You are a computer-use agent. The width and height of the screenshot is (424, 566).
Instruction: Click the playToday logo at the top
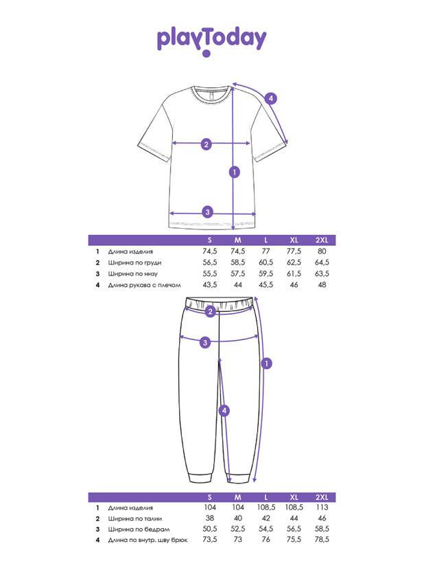pos(211,41)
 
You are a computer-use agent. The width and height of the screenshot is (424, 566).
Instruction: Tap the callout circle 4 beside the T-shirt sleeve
pos(271,98)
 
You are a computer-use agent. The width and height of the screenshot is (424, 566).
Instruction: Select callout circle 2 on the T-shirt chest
pos(207,144)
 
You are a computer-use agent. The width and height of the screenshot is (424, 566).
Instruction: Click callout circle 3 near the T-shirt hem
pos(207,212)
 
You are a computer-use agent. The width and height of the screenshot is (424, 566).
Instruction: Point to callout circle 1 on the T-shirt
pos(235,172)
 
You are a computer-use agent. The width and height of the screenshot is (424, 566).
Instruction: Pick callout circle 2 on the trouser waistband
pos(211,312)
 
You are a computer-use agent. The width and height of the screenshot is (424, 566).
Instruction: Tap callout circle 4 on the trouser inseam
pos(224,411)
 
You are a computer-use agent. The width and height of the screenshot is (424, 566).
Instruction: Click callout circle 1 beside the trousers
pos(266,363)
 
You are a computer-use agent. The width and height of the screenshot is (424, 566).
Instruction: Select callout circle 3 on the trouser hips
pos(205,342)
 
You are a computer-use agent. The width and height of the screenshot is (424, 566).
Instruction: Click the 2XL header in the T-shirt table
pos(322,240)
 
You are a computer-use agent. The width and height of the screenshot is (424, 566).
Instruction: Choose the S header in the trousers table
pos(210,497)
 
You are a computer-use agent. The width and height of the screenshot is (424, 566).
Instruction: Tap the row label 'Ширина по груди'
pos(135,263)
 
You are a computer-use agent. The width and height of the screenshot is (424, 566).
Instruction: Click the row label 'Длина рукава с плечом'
pos(145,285)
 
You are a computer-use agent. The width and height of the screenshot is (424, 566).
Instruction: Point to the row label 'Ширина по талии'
pos(135,519)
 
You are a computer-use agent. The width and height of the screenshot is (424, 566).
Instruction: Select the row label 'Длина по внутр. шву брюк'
pos(148,541)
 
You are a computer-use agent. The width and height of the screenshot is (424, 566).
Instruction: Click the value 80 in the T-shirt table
pos(322,251)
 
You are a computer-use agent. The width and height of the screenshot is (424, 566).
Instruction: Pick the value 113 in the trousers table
pos(322,507)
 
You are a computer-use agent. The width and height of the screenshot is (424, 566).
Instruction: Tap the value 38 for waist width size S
pos(210,518)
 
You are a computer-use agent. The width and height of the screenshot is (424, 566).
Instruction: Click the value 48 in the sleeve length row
pos(322,285)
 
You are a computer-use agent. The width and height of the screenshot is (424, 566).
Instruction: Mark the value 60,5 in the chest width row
pos(266,262)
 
